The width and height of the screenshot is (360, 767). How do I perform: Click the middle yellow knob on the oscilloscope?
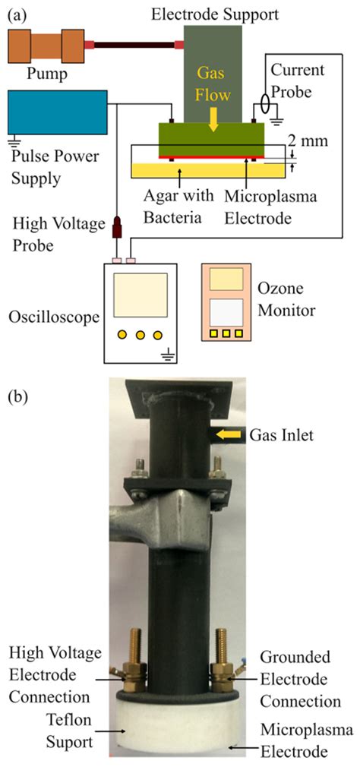point(140,335)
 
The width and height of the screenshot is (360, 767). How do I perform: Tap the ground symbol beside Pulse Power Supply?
point(11,140)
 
